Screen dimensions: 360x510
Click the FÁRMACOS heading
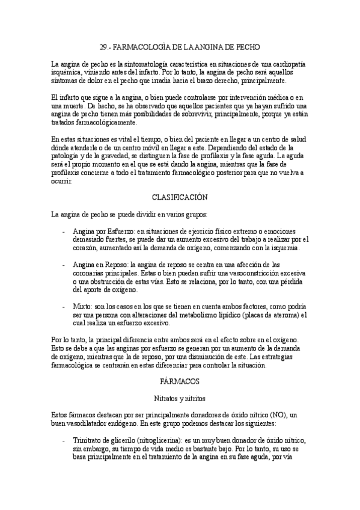point(180,381)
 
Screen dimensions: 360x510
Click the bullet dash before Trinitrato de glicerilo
point(64,441)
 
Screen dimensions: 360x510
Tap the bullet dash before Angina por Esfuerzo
point(64,230)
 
